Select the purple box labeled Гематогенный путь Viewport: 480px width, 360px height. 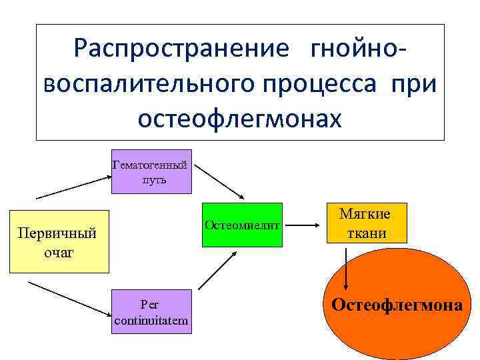(151, 171)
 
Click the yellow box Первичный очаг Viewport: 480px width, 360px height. (59, 243)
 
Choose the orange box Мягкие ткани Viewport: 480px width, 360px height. (365, 223)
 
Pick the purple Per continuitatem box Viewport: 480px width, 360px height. (151, 313)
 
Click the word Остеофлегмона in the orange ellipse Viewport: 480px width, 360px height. (397, 305)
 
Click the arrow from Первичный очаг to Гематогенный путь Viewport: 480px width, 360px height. (73, 187)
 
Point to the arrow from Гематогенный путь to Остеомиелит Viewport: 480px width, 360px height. (222, 181)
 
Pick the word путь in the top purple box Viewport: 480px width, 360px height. (153, 180)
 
